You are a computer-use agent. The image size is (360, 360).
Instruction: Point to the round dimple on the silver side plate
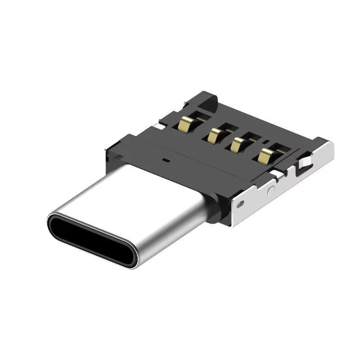click(271, 190)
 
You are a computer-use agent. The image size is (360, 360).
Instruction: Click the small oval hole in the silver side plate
click(241, 203)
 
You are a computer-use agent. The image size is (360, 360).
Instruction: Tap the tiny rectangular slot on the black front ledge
click(165, 160)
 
